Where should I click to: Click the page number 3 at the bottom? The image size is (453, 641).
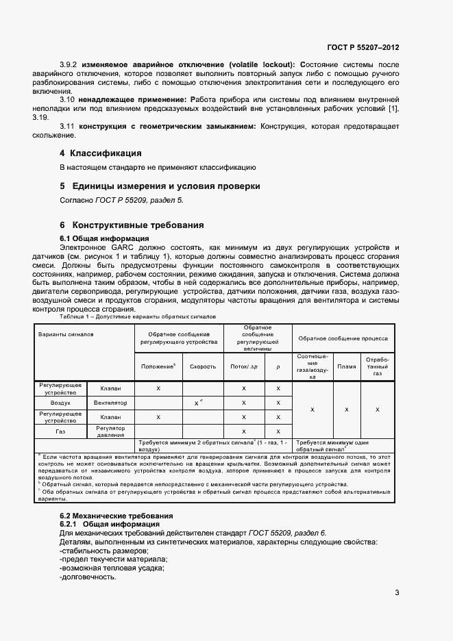(397, 593)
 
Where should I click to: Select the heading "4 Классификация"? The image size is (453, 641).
(101, 153)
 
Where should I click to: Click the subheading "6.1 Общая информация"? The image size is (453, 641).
(100, 238)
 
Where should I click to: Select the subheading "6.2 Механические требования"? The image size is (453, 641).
(115, 515)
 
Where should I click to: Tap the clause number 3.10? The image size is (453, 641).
(67, 99)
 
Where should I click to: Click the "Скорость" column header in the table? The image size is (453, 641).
(203, 366)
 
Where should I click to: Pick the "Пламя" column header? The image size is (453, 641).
(347, 366)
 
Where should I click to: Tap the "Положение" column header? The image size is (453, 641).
(159, 366)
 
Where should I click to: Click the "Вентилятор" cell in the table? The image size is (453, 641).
(111, 403)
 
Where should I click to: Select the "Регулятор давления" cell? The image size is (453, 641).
(111, 431)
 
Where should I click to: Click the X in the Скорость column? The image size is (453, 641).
(197, 403)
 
